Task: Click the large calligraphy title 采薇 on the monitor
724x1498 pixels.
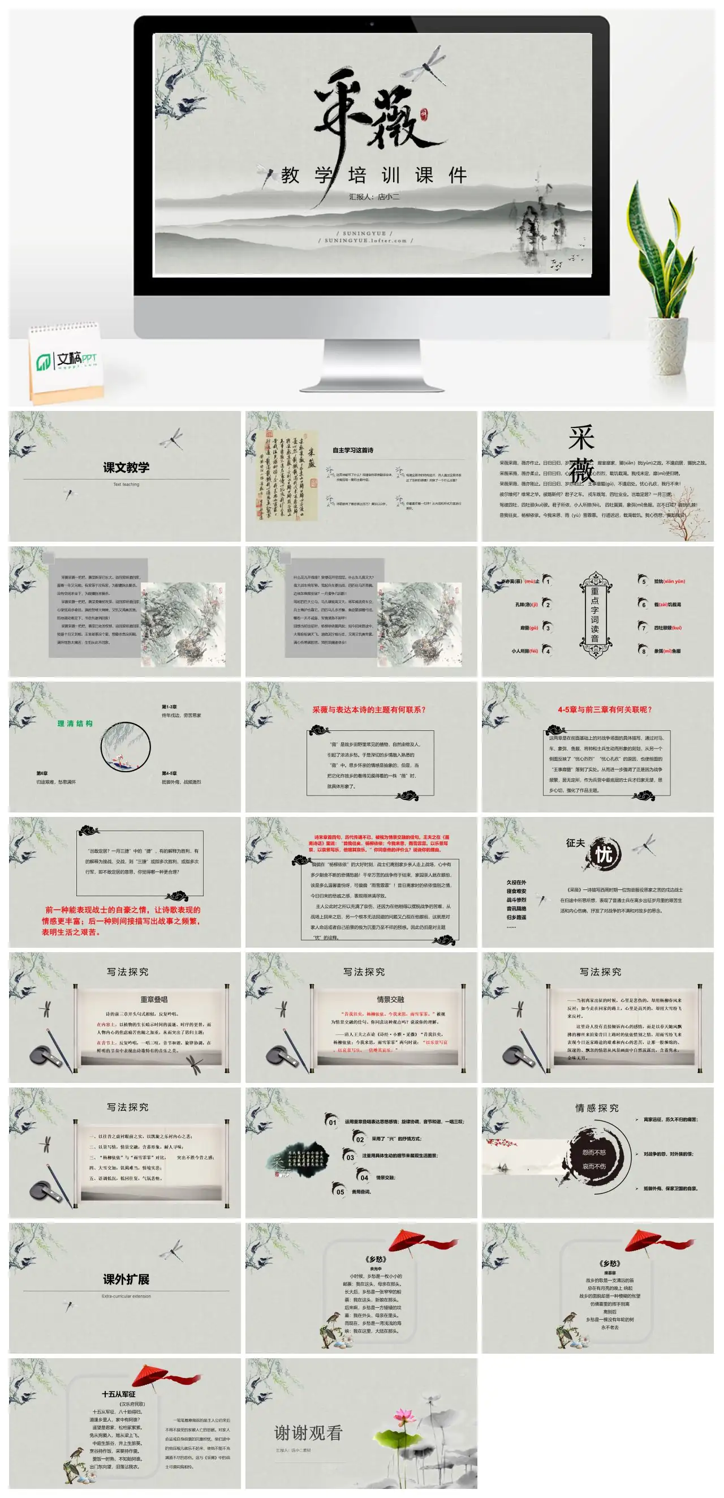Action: pyautogui.click(x=372, y=110)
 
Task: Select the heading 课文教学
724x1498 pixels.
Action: pyautogui.click(x=126, y=468)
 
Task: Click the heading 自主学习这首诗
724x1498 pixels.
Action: pyautogui.click(x=353, y=450)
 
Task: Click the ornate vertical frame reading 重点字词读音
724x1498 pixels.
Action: pyautogui.click(x=595, y=615)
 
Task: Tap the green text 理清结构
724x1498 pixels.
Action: pyautogui.click(x=75, y=724)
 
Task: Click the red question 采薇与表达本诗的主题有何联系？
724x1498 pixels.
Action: pyautogui.click(x=369, y=709)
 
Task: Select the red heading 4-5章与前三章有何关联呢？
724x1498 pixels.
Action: pyautogui.click(x=605, y=709)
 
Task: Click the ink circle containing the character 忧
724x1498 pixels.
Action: pyautogui.click(x=604, y=854)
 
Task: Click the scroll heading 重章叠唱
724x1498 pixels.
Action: pyautogui.click(x=154, y=999)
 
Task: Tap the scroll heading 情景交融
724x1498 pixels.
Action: pyautogui.click(x=390, y=999)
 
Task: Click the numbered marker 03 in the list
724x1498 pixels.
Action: pyautogui.click(x=350, y=1157)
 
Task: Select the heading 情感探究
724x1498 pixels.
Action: pyautogui.click(x=597, y=1108)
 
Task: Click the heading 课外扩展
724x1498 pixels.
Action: pyautogui.click(x=126, y=1279)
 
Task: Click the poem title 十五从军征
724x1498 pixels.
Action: pyautogui.click(x=119, y=1394)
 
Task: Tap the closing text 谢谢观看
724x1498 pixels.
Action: pyautogui.click(x=308, y=1433)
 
